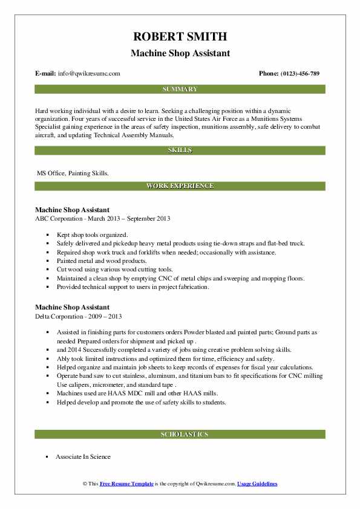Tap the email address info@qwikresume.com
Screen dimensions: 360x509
89,74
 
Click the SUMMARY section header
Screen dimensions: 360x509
180,89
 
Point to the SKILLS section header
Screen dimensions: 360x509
180,150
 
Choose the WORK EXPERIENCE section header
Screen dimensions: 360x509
180,186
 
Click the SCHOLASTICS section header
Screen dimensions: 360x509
180,434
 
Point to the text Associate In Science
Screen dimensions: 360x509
83,457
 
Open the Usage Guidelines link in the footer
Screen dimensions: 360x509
257,484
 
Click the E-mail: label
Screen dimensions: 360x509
45,74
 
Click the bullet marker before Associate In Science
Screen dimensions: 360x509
47,458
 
